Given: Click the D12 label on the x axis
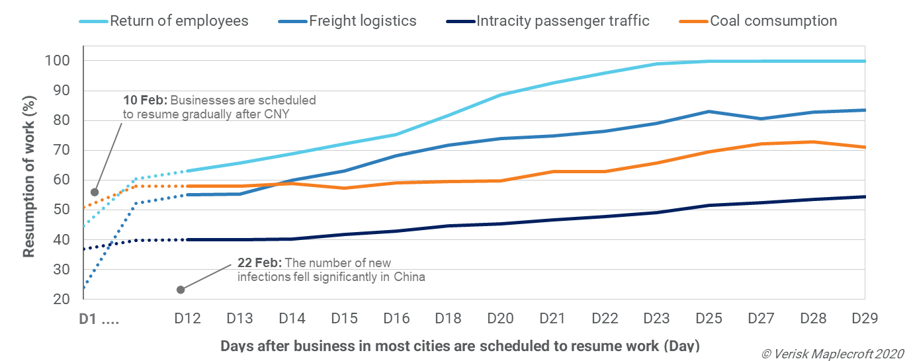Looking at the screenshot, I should [x=188, y=319].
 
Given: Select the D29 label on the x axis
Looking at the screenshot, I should [x=865, y=319].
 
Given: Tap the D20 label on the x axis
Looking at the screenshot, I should [x=500, y=319].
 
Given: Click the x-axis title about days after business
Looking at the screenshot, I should [x=459, y=346].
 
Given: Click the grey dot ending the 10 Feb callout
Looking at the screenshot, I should [x=95, y=192].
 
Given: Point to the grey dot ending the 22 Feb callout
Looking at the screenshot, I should [x=180, y=290].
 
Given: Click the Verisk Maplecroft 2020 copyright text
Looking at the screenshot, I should [x=832, y=354].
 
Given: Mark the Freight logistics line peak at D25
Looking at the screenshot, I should [x=709, y=111].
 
